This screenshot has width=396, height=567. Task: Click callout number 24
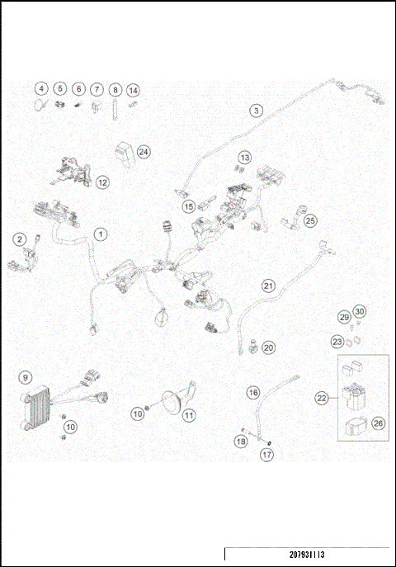click(144, 152)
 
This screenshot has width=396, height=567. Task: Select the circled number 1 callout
click(101, 234)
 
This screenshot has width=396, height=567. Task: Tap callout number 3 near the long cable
click(257, 111)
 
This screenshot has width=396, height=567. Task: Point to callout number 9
click(26, 378)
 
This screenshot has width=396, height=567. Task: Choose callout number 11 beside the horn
click(189, 415)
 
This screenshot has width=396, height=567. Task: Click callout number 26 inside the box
click(378, 423)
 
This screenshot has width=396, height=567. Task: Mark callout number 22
click(321, 399)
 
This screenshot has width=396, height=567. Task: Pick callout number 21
click(268, 286)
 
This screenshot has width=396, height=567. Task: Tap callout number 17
click(267, 455)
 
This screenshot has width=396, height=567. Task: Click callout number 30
click(359, 311)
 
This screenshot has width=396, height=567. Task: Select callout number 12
click(102, 182)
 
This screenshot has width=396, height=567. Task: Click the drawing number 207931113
click(307, 555)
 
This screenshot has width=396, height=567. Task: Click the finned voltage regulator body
click(35, 409)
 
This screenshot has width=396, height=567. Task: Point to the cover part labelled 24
click(124, 154)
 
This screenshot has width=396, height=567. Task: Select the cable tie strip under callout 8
click(115, 109)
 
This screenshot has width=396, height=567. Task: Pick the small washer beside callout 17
click(270, 443)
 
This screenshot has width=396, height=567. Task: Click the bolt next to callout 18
click(247, 430)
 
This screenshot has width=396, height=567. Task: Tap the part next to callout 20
click(253, 346)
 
